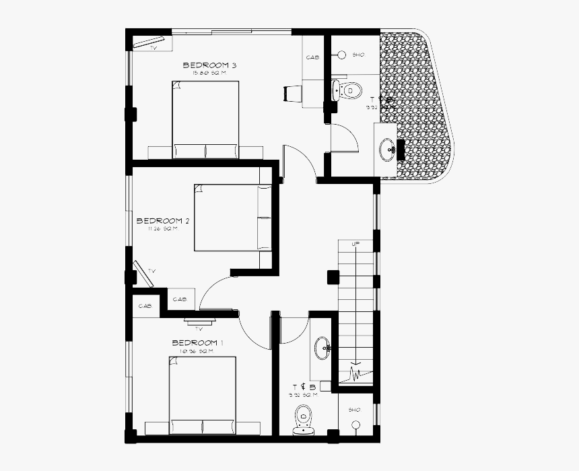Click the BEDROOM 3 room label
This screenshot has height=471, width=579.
point(209,65)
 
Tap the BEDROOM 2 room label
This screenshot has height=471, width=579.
point(163,220)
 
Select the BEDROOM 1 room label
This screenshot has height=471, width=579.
point(197,343)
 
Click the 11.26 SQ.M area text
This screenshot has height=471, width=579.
point(162,228)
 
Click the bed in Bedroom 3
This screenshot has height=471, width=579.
point(205,119)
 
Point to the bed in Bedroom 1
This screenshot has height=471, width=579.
point(203,394)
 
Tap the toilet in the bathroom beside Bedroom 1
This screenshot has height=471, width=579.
point(304,420)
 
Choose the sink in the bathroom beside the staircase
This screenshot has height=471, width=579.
point(322,348)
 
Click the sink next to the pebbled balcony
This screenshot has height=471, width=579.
point(388,150)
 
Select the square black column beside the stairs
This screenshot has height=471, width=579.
point(333,276)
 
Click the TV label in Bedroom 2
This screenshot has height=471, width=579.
point(151,271)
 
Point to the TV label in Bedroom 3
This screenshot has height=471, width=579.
point(154,48)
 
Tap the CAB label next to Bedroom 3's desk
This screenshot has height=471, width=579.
point(312,58)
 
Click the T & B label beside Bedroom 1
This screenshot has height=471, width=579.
point(300,387)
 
